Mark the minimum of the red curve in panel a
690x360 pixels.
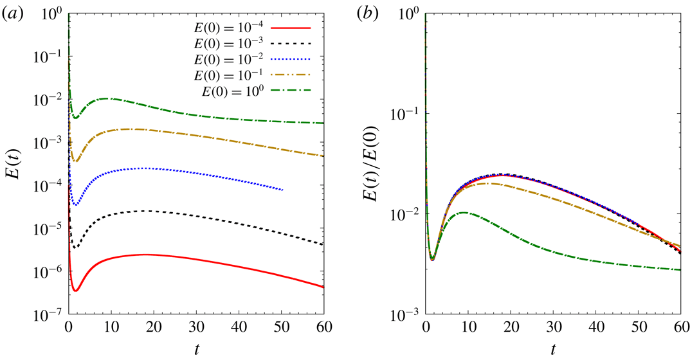[76, 291]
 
